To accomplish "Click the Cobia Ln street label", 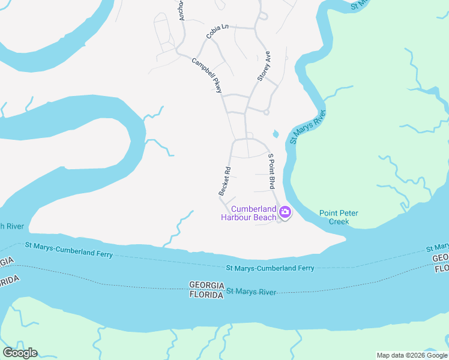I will point(218,31).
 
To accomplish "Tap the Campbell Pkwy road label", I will point(207,75).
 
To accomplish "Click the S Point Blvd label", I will point(271,171).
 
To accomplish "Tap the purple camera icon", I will point(285,212).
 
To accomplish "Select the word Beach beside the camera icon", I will point(264,217).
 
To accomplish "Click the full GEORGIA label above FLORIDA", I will point(206,285).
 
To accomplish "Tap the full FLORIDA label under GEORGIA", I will point(206,295).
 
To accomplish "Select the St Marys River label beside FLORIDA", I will point(251,292).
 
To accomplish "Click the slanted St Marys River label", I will point(307,127).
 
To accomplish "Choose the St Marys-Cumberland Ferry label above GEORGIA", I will point(270,268).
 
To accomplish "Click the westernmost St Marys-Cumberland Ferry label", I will point(68,250).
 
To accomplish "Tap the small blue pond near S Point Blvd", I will point(276,133).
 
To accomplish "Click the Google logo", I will point(20,353).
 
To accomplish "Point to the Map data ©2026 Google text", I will point(412,355).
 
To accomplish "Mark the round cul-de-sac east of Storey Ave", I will point(266,112).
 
